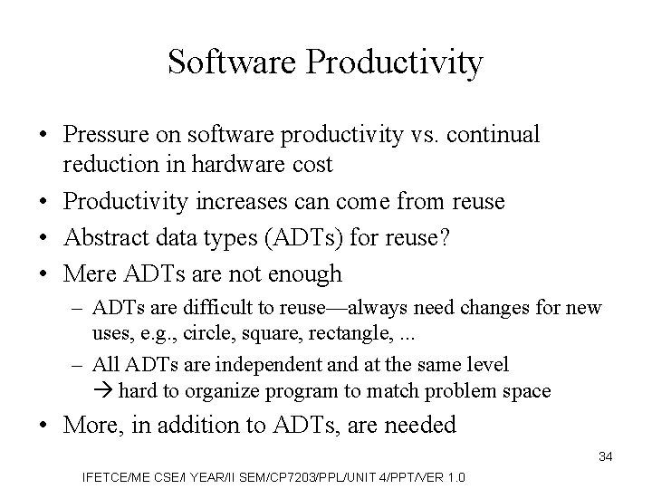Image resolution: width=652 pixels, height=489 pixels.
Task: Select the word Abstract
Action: coord(102,237)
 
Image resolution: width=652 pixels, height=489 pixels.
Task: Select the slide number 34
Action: coord(605,456)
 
